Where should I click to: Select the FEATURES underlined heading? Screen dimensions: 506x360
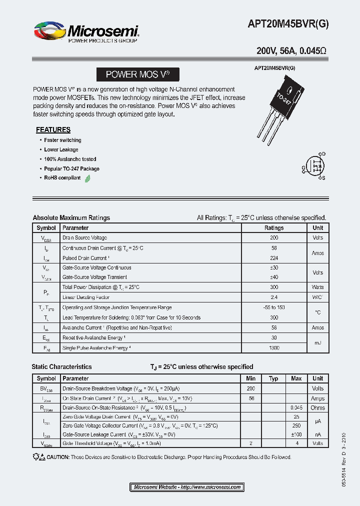tap(53, 129)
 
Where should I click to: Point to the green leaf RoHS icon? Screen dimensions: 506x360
tap(87, 178)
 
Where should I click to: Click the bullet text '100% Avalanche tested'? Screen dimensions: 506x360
tap(70, 159)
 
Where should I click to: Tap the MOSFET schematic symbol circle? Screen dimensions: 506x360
tap(314, 166)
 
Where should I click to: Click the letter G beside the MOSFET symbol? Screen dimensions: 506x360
tap(303, 167)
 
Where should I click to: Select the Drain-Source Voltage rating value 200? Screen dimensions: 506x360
tap(273, 238)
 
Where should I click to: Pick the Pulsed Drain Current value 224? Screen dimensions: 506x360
tap(273, 258)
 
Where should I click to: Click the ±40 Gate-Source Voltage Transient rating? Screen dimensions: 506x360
tap(273, 277)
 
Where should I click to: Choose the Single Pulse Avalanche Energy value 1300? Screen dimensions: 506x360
tap(273, 347)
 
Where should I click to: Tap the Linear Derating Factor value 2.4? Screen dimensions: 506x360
tap(273, 297)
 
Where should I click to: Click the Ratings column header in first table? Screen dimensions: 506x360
tap(273, 228)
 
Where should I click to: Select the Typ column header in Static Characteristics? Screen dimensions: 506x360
tap(273, 378)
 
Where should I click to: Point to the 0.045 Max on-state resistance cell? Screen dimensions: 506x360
tap(296, 408)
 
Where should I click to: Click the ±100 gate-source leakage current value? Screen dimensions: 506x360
tap(296, 435)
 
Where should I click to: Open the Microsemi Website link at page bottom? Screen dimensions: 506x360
tap(187, 487)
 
